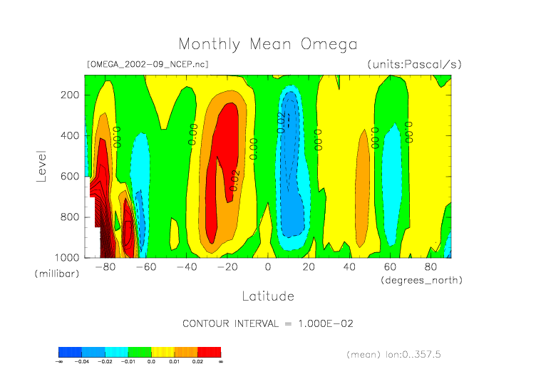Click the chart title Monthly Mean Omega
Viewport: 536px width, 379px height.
[267, 44]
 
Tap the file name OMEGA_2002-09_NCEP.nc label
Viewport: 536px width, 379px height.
[147, 64]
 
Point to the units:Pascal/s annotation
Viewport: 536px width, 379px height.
[414, 64]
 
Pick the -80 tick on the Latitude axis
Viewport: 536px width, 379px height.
[105, 267]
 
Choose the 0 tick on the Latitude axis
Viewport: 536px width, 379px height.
[268, 267]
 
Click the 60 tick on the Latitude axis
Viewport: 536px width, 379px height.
[390, 267]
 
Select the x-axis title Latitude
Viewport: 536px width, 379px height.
[267, 296]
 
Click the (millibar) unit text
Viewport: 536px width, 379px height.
[54, 274]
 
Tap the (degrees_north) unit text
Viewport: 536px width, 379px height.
[423, 280]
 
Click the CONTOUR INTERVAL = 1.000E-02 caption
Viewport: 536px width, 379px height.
[268, 323]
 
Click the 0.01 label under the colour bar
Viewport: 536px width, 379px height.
[175, 362]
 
